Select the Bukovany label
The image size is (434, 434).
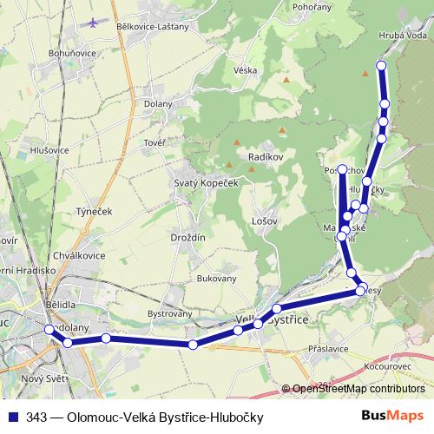(x=217, y=279)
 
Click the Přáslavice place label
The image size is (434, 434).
(x=328, y=348)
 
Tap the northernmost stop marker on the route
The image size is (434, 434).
(x=380, y=66)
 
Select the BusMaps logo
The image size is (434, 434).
(x=391, y=416)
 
